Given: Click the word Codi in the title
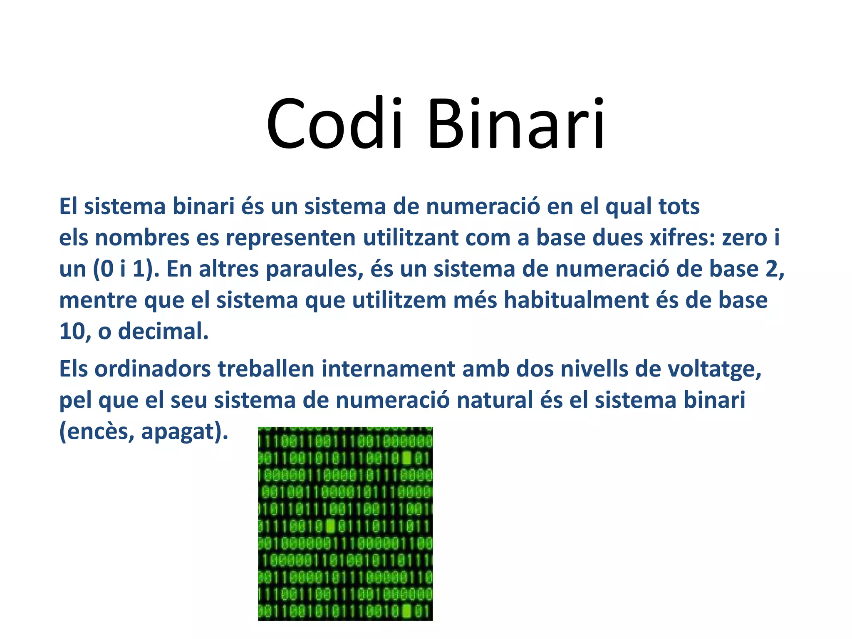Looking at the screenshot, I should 335,124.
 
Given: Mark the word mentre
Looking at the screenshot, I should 98,300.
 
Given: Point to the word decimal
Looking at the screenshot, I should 163,332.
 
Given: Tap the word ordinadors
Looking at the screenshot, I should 153,369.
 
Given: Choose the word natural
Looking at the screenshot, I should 495,400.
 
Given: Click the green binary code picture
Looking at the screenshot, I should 345,523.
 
